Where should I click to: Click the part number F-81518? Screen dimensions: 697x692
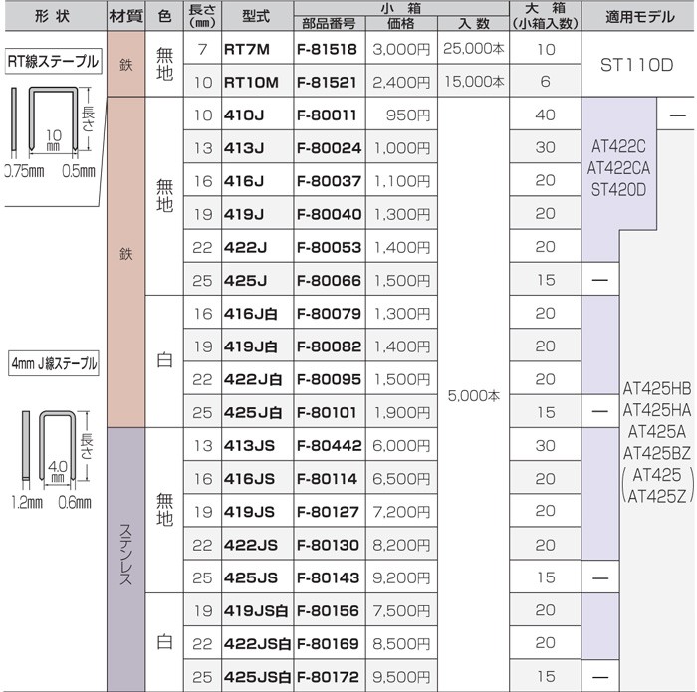coord(327,49)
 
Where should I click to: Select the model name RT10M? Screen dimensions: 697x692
coord(251,83)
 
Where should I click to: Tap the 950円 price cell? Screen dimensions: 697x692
coord(408,115)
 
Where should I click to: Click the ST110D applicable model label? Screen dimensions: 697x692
coord(636,65)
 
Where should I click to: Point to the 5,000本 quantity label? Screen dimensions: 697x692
coord(473,395)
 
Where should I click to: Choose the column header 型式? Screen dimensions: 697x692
coord(256,16)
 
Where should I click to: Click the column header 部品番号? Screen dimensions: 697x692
coord(329,23)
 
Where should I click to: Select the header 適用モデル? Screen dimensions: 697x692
coord(640,17)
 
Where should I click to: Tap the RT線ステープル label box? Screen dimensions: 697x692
coord(54,61)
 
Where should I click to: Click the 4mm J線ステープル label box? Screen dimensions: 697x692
coord(54,364)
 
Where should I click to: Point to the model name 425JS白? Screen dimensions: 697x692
coord(257,677)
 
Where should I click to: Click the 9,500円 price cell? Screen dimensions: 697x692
coord(402,677)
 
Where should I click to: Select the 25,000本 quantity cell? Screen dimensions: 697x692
coord(473,49)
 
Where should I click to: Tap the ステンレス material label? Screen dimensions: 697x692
coord(125,555)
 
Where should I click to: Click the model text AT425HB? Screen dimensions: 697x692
coord(657,389)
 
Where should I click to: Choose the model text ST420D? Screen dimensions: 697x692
coord(618,190)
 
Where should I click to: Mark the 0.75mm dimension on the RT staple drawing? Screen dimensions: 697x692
coord(25,171)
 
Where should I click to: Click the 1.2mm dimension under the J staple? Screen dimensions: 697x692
coord(27,502)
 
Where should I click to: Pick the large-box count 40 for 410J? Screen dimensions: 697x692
coord(545,115)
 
